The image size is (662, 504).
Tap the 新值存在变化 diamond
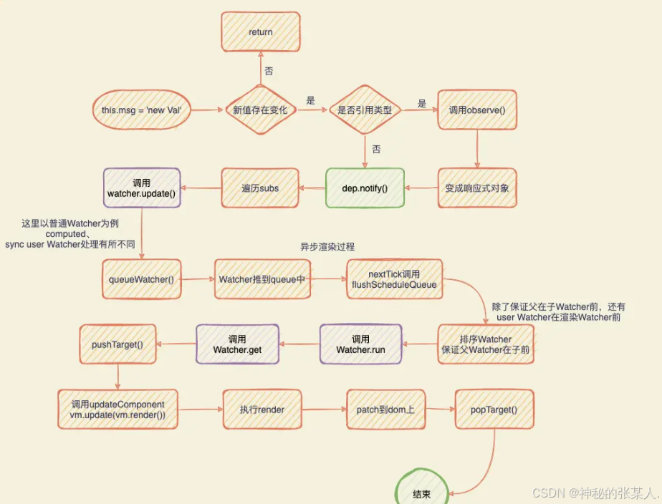coord(260,110)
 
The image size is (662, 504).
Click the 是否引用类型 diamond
coord(365,110)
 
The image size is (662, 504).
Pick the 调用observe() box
coord(476,110)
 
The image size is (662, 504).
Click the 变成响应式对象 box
coord(476,188)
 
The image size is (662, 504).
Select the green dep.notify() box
coord(365,188)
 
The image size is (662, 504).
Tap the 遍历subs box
coord(259,188)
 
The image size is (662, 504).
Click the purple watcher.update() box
coord(142,188)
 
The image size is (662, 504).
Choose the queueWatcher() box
coord(142,279)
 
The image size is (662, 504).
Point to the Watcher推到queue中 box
coord(263,279)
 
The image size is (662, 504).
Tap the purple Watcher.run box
coord(361,344)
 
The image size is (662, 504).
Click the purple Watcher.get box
coord(237,344)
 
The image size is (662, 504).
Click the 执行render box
coord(262,409)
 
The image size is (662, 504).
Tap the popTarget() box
coord(494,409)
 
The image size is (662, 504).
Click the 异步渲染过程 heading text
coord(327,247)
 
